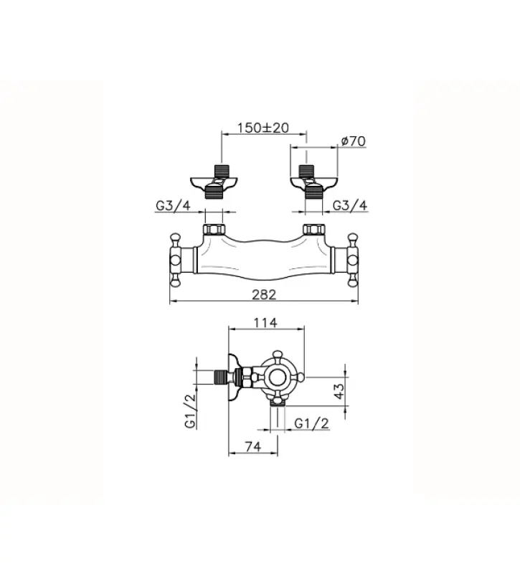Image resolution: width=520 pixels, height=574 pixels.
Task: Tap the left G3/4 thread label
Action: pos(173,205)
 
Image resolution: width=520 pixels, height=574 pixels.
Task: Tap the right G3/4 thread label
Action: pos(351,205)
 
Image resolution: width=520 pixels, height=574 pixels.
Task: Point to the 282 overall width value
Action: pos(264,294)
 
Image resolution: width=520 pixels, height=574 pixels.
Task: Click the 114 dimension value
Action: pos(265,324)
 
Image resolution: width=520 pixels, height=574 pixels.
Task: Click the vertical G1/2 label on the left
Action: pos(191,411)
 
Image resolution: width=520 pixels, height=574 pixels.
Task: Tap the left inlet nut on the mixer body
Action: pos(214,230)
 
